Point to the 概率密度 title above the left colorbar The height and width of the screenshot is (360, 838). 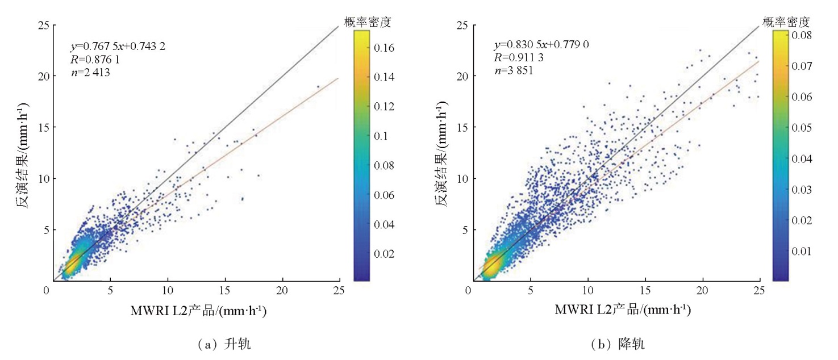click(368, 23)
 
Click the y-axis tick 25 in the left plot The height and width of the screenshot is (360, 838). click(42, 25)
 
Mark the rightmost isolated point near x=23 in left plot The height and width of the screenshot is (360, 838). click(318, 87)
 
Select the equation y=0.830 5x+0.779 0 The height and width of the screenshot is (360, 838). click(540, 44)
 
